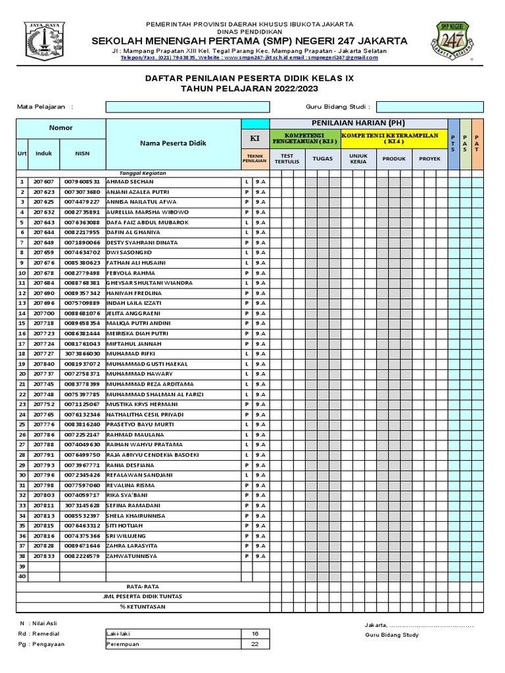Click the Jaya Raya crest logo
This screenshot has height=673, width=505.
pos(45,41)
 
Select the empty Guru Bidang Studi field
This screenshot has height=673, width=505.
pos(429,106)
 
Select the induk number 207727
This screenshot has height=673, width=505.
pos(44,354)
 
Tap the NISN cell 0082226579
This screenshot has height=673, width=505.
pos(82,556)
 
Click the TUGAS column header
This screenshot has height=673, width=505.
pos(322,158)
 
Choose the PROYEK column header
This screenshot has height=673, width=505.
pos(429,158)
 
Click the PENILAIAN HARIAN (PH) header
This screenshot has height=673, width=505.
pos(358,124)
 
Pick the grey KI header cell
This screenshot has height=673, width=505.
pos(255,139)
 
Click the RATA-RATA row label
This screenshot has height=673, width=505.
pos(143,586)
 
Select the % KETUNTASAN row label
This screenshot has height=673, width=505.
pos(143,606)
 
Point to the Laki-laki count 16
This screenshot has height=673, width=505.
pos(255,634)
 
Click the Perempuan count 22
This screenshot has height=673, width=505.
pos(255,644)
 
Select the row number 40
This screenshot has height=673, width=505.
pos(22,576)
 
